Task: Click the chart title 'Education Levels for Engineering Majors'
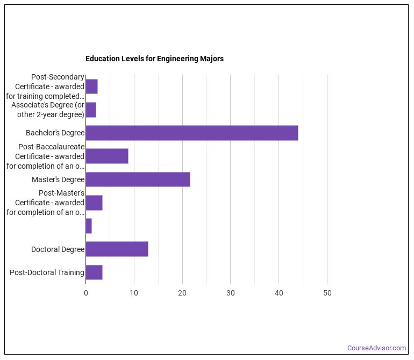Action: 154,59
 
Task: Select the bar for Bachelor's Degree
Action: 191,133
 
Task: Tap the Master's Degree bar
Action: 138,179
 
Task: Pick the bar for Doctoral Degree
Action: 117,249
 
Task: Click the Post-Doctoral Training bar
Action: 94,272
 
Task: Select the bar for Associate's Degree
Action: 91,110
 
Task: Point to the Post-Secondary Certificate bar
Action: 91,87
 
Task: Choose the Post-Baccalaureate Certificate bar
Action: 107,156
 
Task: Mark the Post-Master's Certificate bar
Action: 94,203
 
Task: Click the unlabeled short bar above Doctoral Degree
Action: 89,226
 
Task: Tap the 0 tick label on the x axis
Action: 85,293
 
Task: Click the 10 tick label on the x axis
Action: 134,293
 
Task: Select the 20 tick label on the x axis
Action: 182,293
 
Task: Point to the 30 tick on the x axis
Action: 230,293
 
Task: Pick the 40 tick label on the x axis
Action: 279,293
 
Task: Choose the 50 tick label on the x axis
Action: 327,293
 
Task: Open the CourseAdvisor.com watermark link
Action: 376,348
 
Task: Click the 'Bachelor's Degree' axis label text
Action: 55,133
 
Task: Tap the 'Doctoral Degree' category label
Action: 58,249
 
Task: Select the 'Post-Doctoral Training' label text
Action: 47,272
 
